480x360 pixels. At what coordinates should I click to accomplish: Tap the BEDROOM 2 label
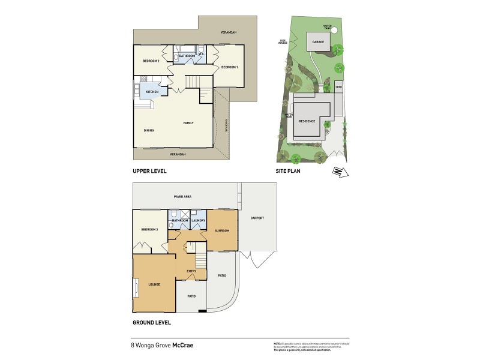[151, 61]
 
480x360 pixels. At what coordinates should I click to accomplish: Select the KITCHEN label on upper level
[152, 92]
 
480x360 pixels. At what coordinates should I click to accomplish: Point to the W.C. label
[203, 53]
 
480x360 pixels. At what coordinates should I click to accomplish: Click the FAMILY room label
[188, 122]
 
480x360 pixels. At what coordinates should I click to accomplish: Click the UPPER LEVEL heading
[149, 171]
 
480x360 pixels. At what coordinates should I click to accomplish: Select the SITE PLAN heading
[288, 171]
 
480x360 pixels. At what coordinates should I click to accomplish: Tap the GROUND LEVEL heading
[152, 322]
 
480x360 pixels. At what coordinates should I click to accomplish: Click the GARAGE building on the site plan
[318, 42]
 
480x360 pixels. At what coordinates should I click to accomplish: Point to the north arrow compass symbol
[339, 173]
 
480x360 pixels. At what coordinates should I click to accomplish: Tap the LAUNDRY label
[199, 220]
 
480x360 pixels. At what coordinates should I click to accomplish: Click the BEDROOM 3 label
[150, 229]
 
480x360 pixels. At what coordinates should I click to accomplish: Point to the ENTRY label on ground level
[191, 271]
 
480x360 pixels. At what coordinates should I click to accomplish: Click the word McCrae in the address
[183, 345]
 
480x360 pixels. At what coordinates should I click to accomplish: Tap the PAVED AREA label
[182, 196]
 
